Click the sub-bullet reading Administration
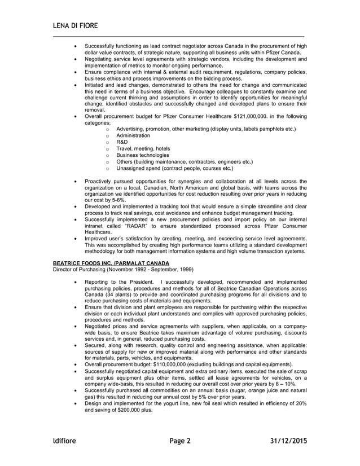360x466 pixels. pyautogui.click(x=133, y=135)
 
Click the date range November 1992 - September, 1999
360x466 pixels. pyautogui.click(x=152, y=270)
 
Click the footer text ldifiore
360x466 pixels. pyautogui.click(x=64, y=440)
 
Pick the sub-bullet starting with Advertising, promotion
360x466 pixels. pyautogui.click(x=206, y=129)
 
